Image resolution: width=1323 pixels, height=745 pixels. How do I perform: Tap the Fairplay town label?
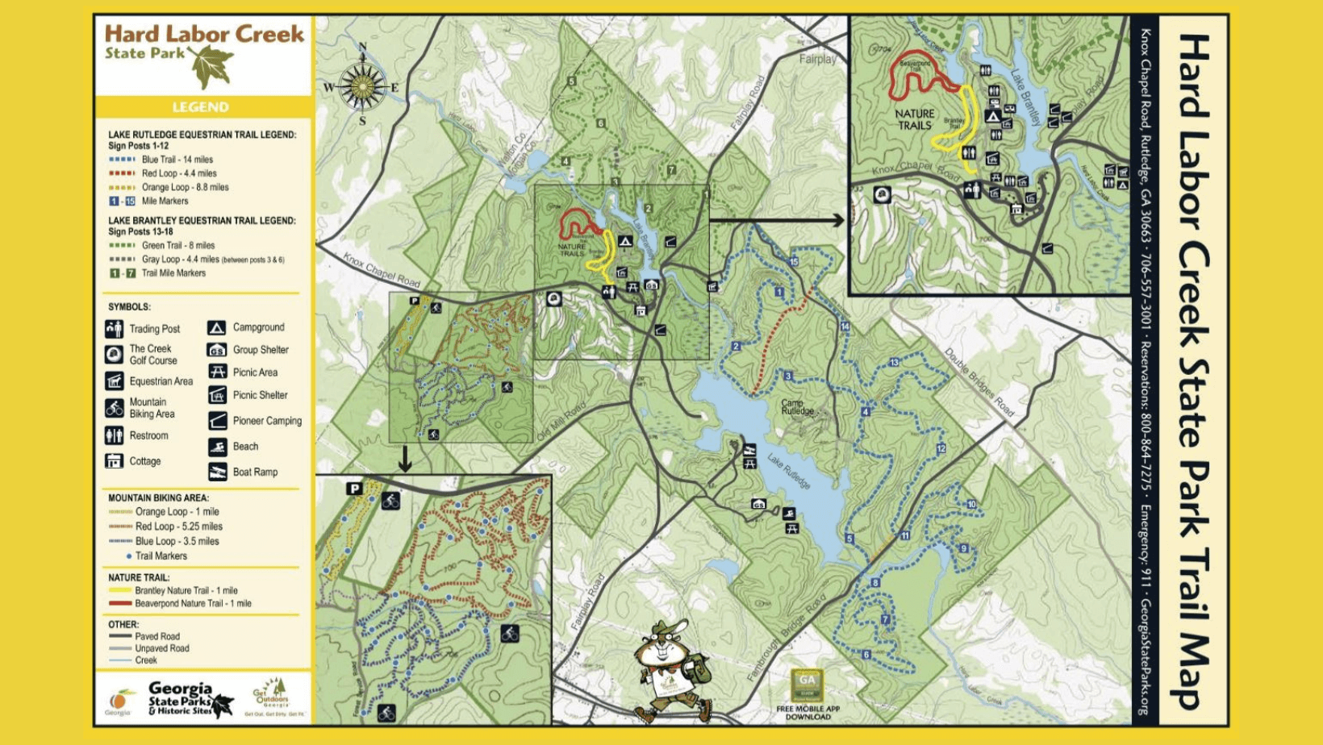817,59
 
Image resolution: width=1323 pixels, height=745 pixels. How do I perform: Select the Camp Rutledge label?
797,406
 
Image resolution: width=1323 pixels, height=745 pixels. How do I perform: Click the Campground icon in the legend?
216,327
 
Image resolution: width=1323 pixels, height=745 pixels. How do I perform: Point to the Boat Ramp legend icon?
217,472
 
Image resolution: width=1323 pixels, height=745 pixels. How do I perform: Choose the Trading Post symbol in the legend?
114,329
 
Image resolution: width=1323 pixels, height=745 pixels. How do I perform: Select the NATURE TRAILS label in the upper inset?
915,119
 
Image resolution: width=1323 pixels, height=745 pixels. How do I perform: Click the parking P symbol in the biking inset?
354,489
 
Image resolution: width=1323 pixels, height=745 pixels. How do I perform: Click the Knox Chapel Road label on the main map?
382,270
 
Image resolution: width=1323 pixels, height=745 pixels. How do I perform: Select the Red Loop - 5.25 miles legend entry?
178,526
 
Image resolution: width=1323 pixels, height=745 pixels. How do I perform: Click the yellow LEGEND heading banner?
201,107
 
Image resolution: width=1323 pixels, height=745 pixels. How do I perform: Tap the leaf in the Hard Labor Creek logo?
211,66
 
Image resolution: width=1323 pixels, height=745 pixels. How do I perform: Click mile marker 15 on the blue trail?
794,261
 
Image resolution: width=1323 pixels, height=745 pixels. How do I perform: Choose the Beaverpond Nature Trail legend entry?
192,603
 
